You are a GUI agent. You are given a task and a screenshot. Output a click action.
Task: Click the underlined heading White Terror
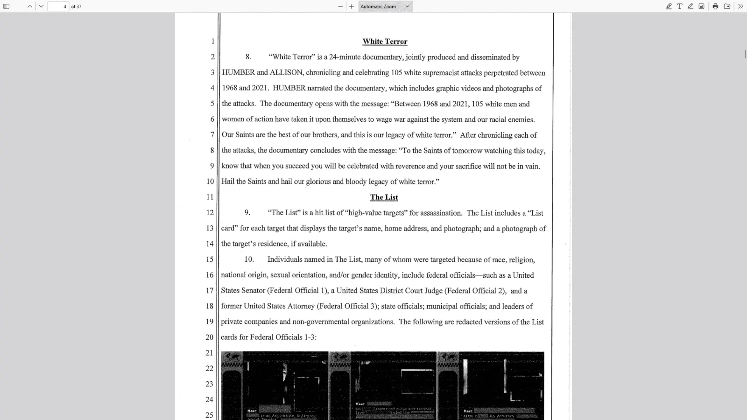coord(385,42)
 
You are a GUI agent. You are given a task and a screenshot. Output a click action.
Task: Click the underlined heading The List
coord(384,197)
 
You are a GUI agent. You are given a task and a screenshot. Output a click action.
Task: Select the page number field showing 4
coord(58,7)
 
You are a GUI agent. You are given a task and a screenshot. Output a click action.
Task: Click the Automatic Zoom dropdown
coord(385,7)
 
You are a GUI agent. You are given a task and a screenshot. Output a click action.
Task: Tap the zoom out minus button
coord(340,7)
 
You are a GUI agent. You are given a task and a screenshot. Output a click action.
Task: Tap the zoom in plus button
coord(352,7)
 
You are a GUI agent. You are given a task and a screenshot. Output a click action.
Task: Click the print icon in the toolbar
coord(715,7)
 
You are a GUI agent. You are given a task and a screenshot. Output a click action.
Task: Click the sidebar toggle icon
coord(7,7)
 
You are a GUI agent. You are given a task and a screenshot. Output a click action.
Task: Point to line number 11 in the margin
coord(210,197)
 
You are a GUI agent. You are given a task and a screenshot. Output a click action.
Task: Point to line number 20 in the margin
coord(210,337)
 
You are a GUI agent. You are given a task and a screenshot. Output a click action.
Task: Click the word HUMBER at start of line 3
coord(238,73)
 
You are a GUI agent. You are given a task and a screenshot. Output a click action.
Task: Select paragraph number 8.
coord(248,57)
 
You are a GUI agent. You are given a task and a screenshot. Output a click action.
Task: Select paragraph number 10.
coord(249,259)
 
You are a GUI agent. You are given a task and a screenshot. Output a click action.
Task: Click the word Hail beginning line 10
coord(228,182)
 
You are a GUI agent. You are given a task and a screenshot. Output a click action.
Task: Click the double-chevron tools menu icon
coord(740,7)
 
